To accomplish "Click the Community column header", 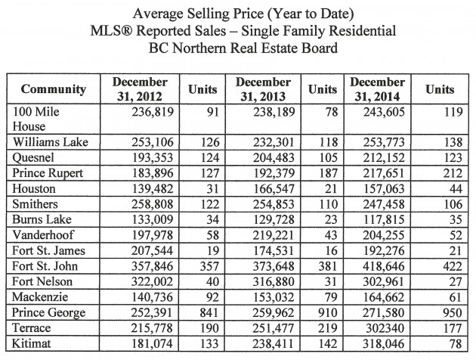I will pos(54,88).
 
